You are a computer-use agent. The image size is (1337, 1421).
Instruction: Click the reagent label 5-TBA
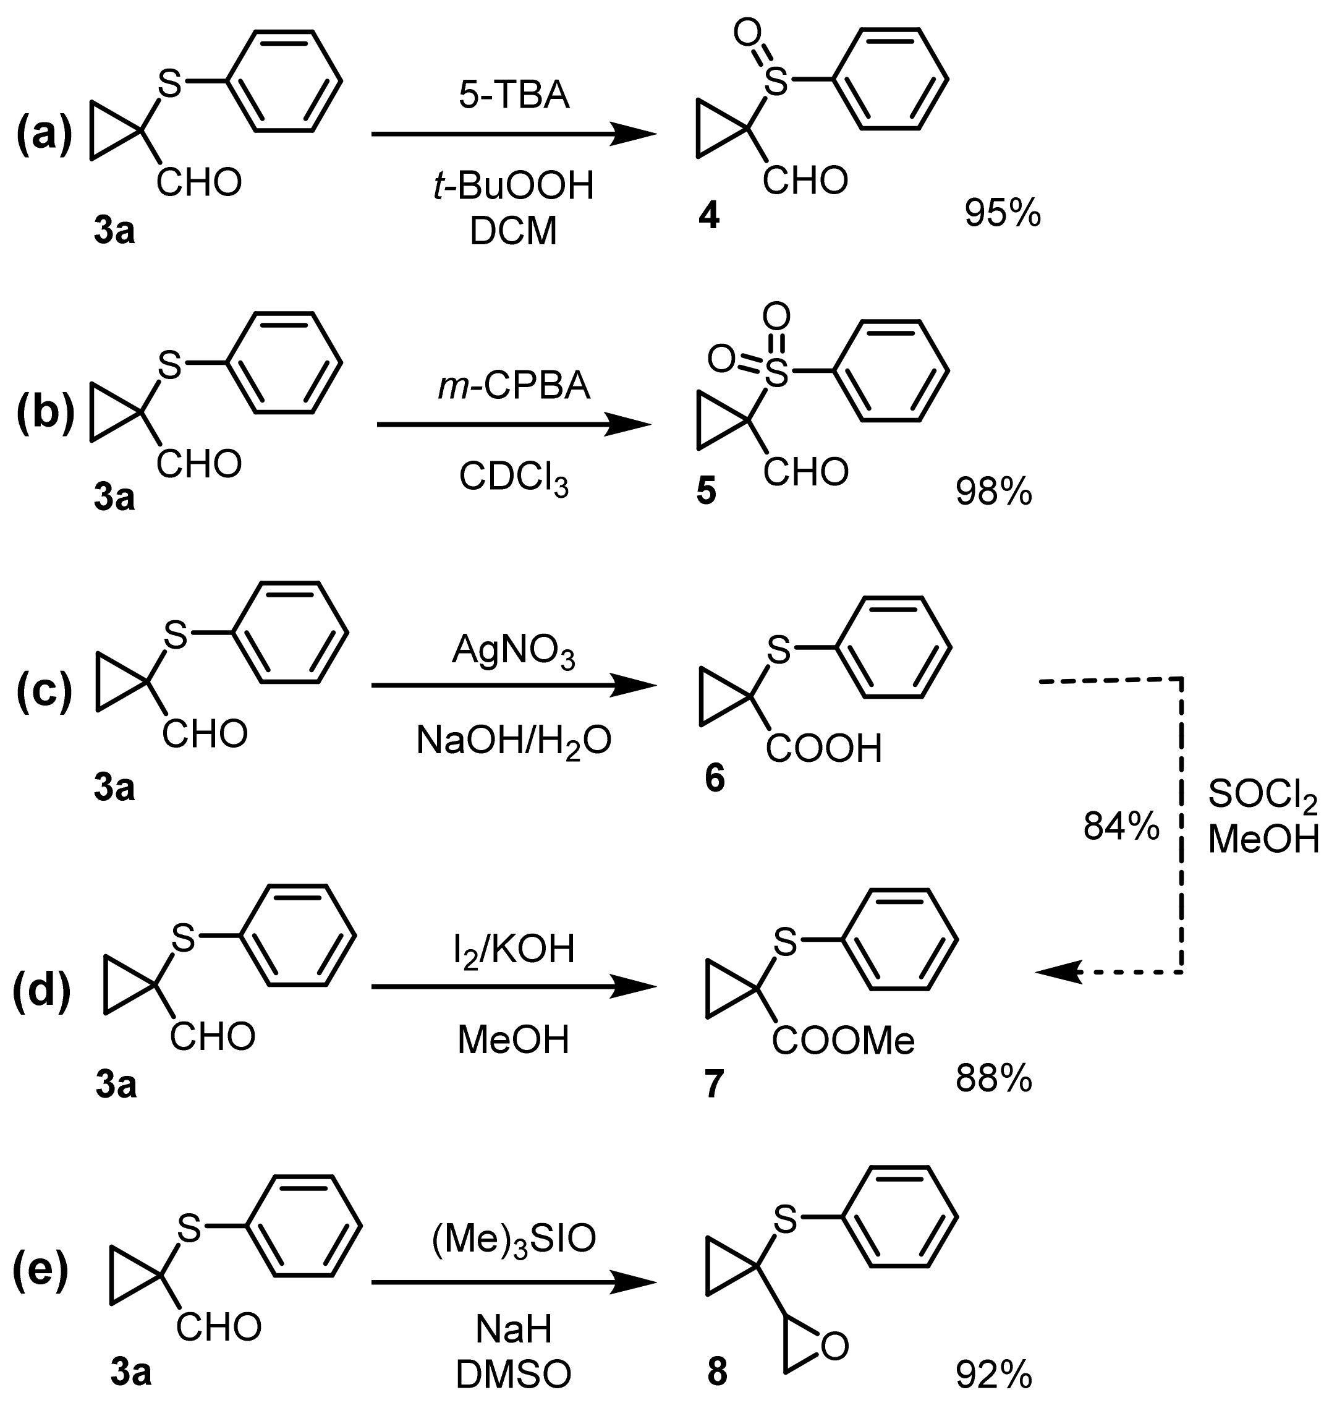514,96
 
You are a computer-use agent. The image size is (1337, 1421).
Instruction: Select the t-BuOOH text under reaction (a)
514,186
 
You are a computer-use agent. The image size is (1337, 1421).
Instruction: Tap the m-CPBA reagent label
514,386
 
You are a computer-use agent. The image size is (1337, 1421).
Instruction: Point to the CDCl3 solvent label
514,477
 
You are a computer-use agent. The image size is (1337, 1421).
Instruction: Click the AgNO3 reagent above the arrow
514,652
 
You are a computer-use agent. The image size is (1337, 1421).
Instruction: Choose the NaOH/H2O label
514,742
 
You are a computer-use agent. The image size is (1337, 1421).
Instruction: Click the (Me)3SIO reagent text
514,1239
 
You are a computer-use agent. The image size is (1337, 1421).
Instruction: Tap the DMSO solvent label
514,1374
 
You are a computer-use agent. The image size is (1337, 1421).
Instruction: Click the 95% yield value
1003,213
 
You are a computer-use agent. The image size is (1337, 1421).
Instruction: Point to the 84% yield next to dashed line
1121,827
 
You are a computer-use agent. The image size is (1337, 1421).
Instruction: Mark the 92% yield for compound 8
994,1374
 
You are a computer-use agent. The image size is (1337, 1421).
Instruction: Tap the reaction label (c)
45,692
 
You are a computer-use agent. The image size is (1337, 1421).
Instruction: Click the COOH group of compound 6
824,748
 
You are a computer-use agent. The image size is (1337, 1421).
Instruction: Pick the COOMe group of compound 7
843,1041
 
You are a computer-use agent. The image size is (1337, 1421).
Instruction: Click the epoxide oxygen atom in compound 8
834,1347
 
